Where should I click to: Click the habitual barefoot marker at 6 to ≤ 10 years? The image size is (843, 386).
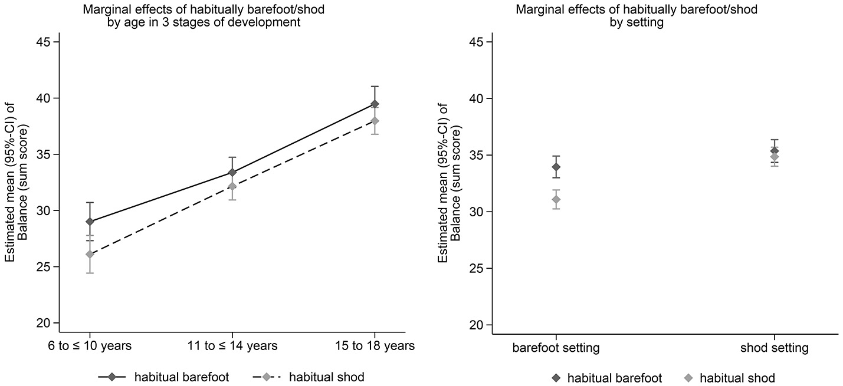tap(90, 222)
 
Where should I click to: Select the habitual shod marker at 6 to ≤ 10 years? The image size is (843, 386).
tap(90, 254)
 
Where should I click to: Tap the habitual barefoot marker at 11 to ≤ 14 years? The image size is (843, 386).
tap(232, 173)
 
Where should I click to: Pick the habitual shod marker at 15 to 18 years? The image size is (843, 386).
tap(375, 121)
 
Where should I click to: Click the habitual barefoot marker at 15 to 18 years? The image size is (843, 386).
tap(375, 104)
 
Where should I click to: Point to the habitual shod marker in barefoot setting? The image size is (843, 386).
tap(556, 199)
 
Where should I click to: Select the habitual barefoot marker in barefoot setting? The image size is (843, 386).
tap(556, 167)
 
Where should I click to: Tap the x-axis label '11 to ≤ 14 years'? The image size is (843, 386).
tap(232, 346)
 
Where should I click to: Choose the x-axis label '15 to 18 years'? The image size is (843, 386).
tap(375, 346)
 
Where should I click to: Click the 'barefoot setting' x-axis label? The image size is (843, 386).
tap(556, 348)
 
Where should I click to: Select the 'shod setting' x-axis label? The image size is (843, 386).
tap(774, 348)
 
